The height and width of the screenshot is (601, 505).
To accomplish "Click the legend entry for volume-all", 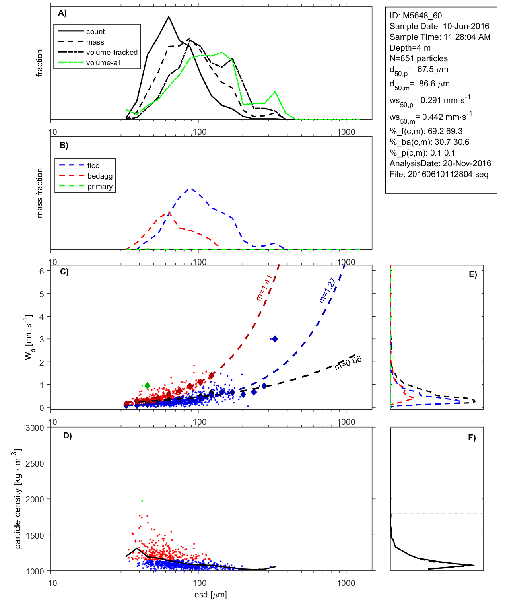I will [x=103, y=63].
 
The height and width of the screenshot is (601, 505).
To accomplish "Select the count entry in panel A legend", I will [x=95, y=32].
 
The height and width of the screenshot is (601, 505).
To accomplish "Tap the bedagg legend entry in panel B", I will [x=100, y=176].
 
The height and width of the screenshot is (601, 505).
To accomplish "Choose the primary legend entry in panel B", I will [x=100, y=187].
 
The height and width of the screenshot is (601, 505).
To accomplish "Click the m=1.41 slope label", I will [x=264, y=288].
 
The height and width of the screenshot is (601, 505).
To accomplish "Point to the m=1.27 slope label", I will [x=328, y=290].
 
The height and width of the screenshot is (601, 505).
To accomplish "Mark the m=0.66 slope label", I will [x=348, y=362].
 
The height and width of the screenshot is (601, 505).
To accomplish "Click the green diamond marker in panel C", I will [x=148, y=385].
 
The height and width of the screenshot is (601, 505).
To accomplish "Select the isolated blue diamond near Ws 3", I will [x=275, y=339].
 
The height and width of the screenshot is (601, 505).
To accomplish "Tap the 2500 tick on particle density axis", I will [x=35, y=463].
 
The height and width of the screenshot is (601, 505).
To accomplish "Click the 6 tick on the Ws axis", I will [x=41, y=271].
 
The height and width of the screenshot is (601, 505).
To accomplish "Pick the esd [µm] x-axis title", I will [x=211, y=595].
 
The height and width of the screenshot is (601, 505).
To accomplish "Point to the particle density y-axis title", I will [x=18, y=499].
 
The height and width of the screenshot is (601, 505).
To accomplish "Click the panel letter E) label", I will [x=472, y=274].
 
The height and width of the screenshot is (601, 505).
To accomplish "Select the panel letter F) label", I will [x=472, y=438].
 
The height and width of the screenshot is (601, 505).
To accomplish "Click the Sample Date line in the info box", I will [x=439, y=26].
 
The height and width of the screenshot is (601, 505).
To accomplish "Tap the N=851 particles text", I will [x=418, y=58].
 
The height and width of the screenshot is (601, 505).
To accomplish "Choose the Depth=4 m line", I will [x=410, y=48].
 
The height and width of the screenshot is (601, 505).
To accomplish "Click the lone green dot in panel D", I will [x=142, y=501].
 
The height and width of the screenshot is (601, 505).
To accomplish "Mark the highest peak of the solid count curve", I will [x=169, y=17].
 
